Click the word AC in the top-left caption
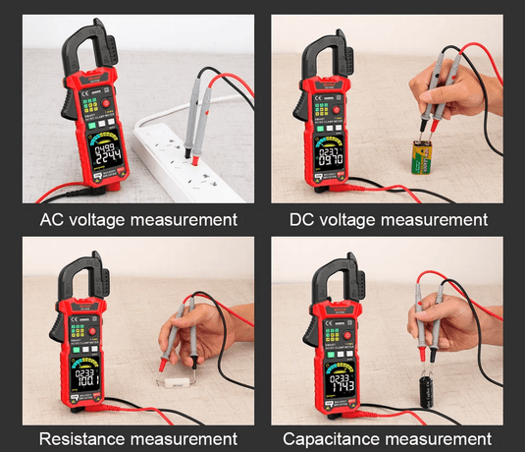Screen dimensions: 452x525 pos(49,217)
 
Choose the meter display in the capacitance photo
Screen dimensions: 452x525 pos(341,378)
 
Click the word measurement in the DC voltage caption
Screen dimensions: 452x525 pos(425,217)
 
